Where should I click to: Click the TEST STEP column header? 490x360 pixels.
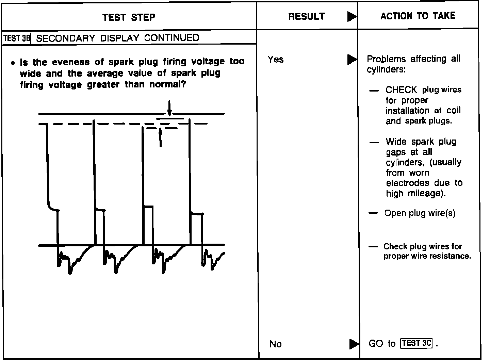pos(129,17)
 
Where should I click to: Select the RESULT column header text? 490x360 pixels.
pos(306,16)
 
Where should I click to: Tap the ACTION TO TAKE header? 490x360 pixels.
pos(418,16)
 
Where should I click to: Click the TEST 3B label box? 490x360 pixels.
pos(16,38)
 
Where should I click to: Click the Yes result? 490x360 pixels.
pos(275,60)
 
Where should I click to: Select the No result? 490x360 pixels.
pos(275,344)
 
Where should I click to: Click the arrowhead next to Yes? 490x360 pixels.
pos(352,60)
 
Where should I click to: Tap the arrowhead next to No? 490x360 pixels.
pos(354,344)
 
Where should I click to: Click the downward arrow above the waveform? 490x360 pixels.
pos(169,108)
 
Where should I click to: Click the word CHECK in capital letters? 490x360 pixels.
pos(401,90)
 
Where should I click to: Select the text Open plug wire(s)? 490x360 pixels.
pos(420,213)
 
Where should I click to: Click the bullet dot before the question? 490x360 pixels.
pos(13,63)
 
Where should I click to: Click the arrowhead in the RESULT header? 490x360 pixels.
pos(352,17)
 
